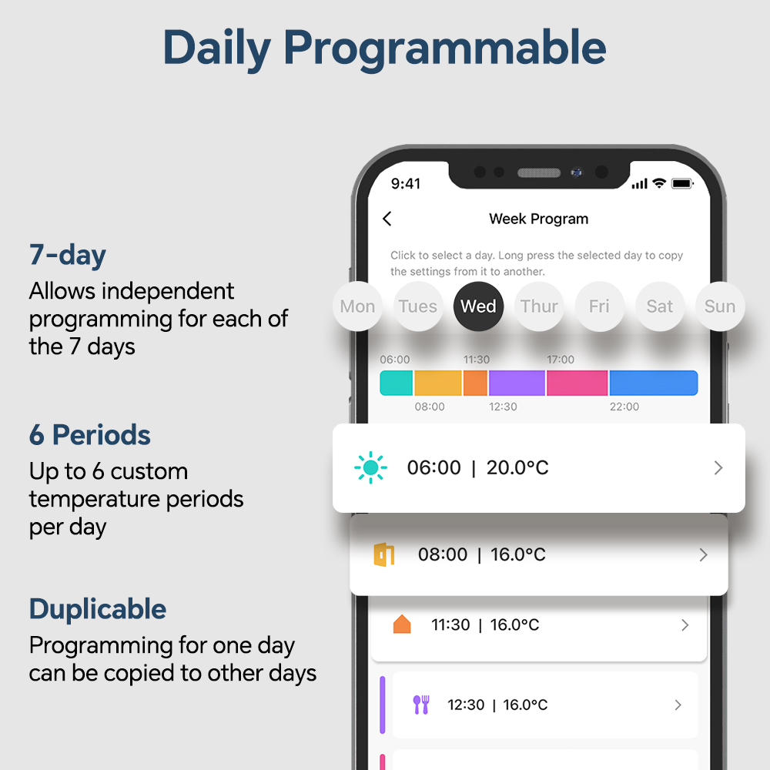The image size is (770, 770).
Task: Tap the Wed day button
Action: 478,306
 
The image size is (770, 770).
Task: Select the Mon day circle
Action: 357,306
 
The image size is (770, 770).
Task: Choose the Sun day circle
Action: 720,306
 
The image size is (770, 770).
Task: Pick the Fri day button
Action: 599,306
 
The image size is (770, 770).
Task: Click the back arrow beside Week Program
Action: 387,219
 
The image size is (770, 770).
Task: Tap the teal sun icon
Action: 371,467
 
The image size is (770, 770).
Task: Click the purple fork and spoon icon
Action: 421,705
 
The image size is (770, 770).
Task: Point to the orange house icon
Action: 402,624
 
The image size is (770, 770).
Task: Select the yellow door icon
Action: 384,555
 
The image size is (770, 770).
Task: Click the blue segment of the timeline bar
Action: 653,383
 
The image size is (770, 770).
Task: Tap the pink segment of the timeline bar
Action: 577,383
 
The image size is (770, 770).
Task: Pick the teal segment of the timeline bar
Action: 397,383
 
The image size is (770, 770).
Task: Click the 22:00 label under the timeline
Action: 624,407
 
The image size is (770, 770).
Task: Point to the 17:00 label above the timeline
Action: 561,360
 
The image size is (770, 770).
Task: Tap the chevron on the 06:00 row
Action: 718,467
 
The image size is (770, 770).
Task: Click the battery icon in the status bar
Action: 682,184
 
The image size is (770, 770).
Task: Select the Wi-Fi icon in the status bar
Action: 659,183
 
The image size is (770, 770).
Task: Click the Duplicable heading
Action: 98,609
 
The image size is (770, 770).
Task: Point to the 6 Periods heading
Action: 90,435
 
